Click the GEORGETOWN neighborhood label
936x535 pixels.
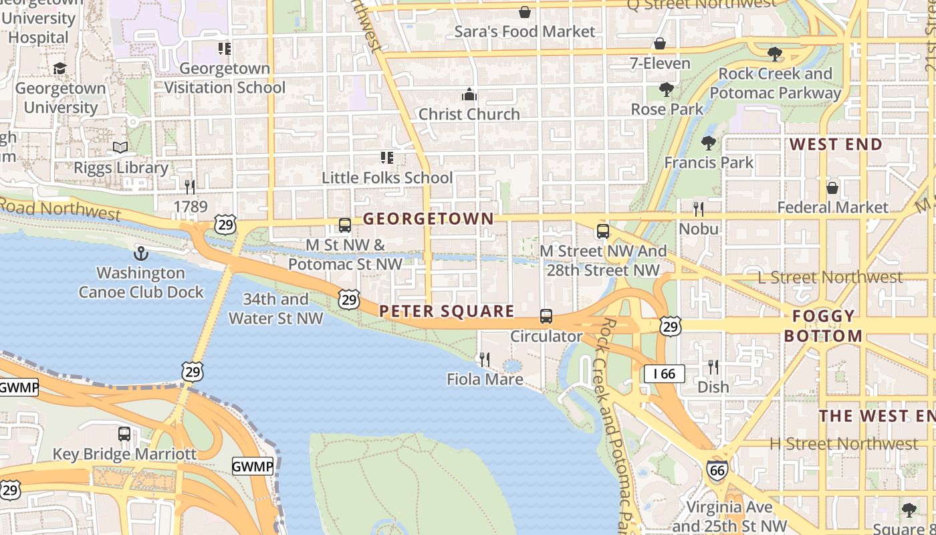click(x=428, y=219)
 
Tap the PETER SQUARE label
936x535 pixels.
click(x=447, y=311)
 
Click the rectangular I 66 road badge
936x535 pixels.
click(x=664, y=374)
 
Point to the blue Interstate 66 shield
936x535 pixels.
click(x=717, y=470)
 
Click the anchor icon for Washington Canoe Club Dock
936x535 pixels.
click(x=140, y=253)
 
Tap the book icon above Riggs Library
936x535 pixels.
click(x=120, y=148)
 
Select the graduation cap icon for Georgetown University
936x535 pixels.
click(x=60, y=68)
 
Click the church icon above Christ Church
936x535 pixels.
click(x=469, y=94)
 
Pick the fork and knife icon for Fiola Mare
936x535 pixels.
click(x=485, y=360)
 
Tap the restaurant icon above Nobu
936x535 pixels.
click(x=699, y=209)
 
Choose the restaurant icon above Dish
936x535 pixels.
click(x=713, y=367)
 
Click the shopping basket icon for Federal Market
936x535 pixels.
click(x=832, y=188)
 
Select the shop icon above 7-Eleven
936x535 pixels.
click(x=660, y=44)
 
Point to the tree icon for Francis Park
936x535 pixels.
click(x=709, y=142)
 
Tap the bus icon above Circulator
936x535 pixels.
click(x=546, y=316)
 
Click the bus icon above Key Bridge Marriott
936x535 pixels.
click(x=124, y=434)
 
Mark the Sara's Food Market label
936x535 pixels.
click(x=524, y=31)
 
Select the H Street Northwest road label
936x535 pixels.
click(x=843, y=443)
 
